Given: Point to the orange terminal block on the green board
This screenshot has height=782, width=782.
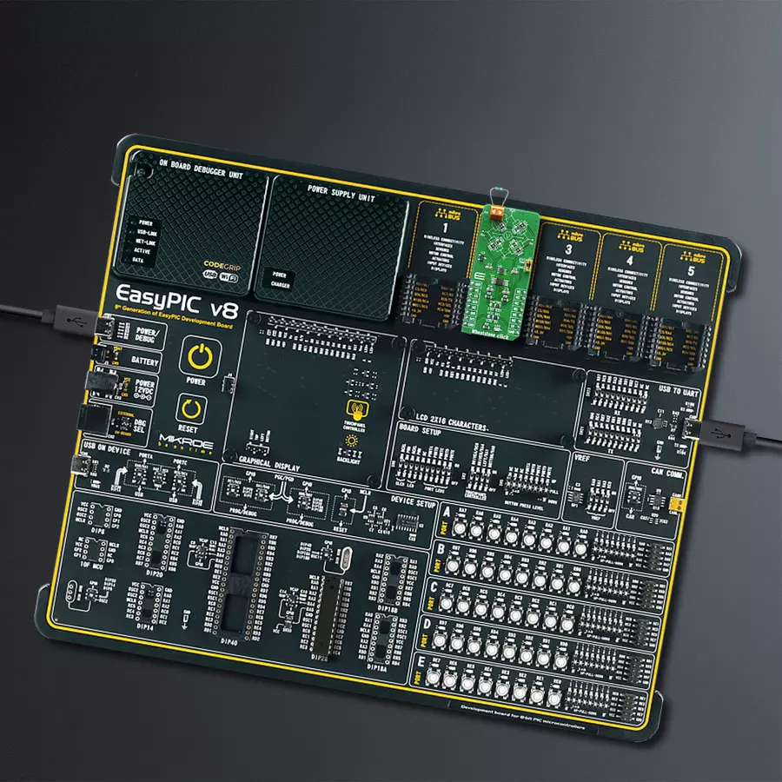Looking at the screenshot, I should [496, 210].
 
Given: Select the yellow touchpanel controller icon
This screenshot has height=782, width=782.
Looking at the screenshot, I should [355, 408].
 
